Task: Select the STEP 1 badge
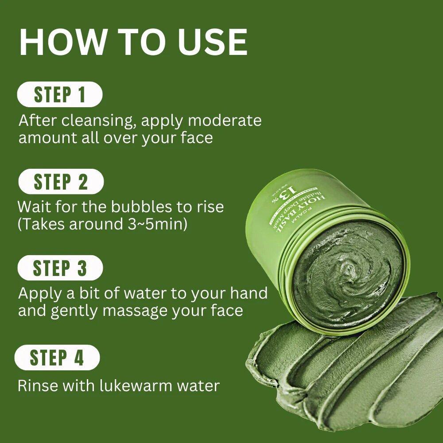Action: pyautogui.click(x=59, y=95)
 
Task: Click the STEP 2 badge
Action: pyautogui.click(x=61, y=182)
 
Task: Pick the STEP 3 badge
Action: pyautogui.click(x=60, y=268)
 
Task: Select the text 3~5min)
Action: pyautogui.click(x=155, y=224)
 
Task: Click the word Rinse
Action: pyautogui.click(x=37, y=385)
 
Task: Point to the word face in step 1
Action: pyautogui.click(x=196, y=137)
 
